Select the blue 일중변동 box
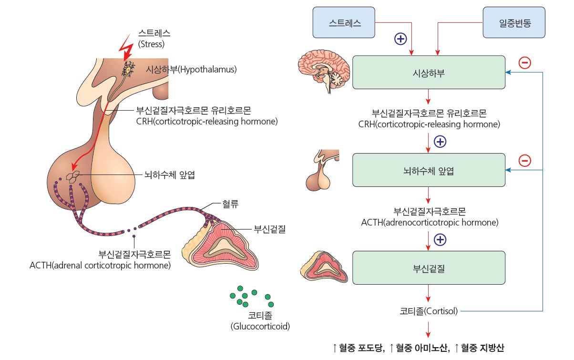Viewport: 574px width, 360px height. (x=514, y=22)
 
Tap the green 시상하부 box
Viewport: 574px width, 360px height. (x=429, y=72)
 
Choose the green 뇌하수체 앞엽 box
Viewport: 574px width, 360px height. (x=429, y=170)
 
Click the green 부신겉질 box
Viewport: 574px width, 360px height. (x=429, y=268)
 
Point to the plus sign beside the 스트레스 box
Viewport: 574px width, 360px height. (x=401, y=39)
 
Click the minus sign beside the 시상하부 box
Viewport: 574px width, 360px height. (x=525, y=62)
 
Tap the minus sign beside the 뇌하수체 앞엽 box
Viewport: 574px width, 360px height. (x=525, y=160)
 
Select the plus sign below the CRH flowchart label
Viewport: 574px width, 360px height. (x=441, y=142)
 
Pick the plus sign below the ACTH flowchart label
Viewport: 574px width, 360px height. (x=441, y=239)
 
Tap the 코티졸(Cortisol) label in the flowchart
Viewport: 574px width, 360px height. (x=429, y=311)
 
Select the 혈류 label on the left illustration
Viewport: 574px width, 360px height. (x=230, y=205)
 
